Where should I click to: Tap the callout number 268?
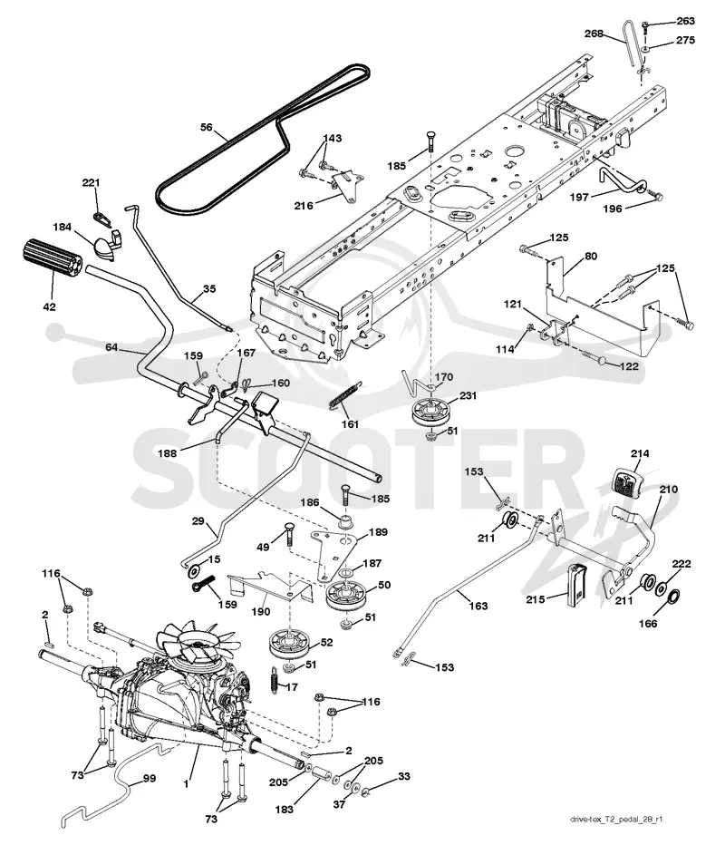click(594, 34)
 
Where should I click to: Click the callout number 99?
click(150, 778)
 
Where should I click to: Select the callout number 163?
click(478, 606)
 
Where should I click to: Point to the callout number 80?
click(591, 256)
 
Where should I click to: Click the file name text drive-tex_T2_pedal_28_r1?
click(616, 819)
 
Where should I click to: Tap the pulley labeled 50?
click(343, 596)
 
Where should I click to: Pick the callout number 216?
click(304, 205)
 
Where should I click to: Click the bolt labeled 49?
click(288, 534)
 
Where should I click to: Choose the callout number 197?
click(580, 198)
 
